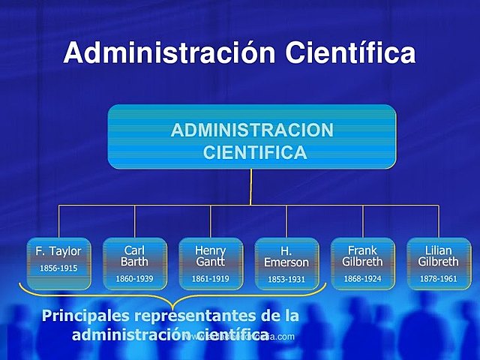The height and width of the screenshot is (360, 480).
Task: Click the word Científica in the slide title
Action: click(x=351, y=52)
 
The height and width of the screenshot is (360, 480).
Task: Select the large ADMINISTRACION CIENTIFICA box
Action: click(x=251, y=136)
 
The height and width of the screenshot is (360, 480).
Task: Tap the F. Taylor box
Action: click(x=58, y=262)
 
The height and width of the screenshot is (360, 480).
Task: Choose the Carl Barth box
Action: click(x=134, y=262)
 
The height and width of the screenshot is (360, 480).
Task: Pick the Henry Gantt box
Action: click(x=210, y=262)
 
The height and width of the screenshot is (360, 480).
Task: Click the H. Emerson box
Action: click(x=286, y=262)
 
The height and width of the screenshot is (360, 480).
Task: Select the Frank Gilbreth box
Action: click(x=362, y=262)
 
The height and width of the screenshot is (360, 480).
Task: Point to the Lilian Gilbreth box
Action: click(x=438, y=262)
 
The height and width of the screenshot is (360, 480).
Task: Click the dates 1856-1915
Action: click(x=58, y=268)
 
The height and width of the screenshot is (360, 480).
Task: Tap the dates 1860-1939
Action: click(x=134, y=278)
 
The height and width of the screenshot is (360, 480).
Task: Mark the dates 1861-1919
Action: click(x=210, y=278)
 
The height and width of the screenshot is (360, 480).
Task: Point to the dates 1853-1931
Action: click(x=286, y=279)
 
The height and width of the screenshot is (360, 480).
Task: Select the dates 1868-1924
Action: click(x=362, y=278)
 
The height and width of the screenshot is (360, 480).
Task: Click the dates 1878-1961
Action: click(x=438, y=278)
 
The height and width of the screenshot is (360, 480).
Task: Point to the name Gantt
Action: click(x=210, y=262)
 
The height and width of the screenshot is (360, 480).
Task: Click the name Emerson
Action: click(x=286, y=262)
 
